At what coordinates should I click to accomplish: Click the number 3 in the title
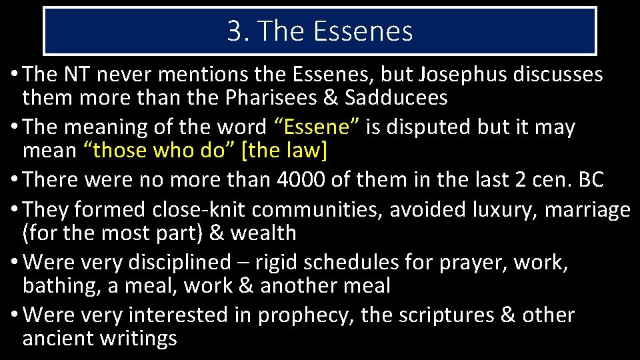pos(234,31)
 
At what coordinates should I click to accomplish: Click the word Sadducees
pos(396,98)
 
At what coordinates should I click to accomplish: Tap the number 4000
pos(304,179)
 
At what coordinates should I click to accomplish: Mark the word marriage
pos(587,209)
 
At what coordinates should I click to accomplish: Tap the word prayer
pos(473,262)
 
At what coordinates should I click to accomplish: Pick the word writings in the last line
pos(138,338)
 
